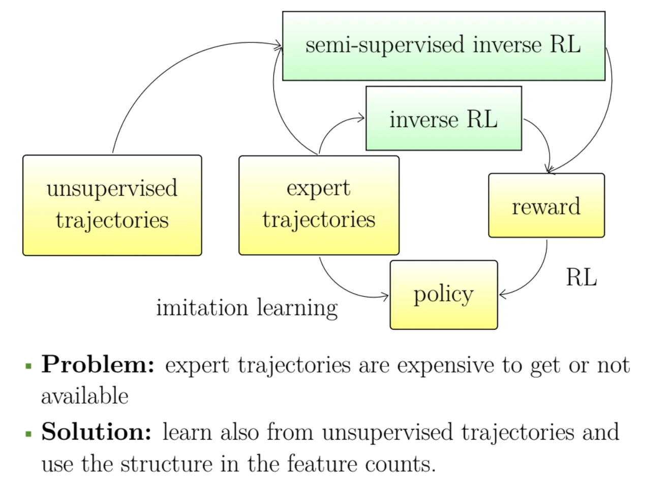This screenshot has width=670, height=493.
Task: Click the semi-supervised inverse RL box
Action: [443, 46]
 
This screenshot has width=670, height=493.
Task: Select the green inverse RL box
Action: [443, 118]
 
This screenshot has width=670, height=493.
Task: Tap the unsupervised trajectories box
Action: [112, 205]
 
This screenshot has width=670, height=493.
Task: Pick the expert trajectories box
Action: [319, 205]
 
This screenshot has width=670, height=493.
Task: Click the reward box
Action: [546, 205]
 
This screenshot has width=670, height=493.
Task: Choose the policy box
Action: [443, 295]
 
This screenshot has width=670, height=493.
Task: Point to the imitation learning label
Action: [247, 308]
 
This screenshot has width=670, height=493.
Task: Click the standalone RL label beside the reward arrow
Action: [581, 278]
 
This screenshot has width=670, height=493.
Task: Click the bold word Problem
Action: [98, 364]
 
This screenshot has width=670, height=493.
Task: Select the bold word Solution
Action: [97, 432]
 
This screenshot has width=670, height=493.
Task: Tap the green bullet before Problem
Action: [28, 365]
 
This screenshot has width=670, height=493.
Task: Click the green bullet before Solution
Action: [28, 434]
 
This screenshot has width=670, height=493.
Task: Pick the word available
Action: [84, 396]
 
